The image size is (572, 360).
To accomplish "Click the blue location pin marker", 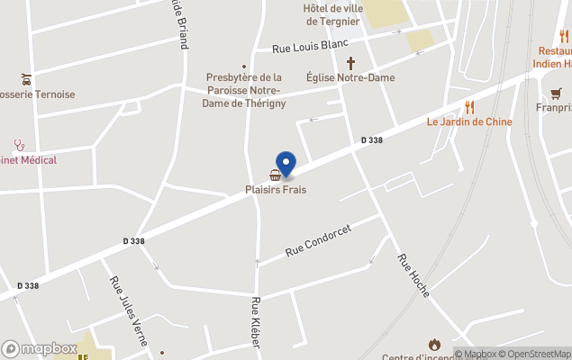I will pyautogui.click(x=286, y=164).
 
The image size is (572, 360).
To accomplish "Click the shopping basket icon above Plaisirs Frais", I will pyautogui.click(x=275, y=175).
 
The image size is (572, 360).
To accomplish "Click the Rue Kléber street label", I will pyautogui.click(x=256, y=322).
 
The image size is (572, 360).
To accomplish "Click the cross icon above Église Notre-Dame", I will pyautogui.click(x=350, y=64).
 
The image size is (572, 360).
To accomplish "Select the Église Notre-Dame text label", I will pyautogui.click(x=350, y=77).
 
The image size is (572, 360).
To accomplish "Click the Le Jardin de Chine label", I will pyautogui.click(x=469, y=122).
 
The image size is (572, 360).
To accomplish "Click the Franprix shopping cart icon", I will pyautogui.click(x=556, y=93).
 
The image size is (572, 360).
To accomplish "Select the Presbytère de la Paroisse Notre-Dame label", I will pyautogui.click(x=243, y=91).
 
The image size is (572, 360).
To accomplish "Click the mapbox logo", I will pyautogui.click(x=40, y=348).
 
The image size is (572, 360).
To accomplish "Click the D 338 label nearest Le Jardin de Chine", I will pyautogui.click(x=372, y=140).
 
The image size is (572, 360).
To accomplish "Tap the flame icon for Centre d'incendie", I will pyautogui.click(x=434, y=344).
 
